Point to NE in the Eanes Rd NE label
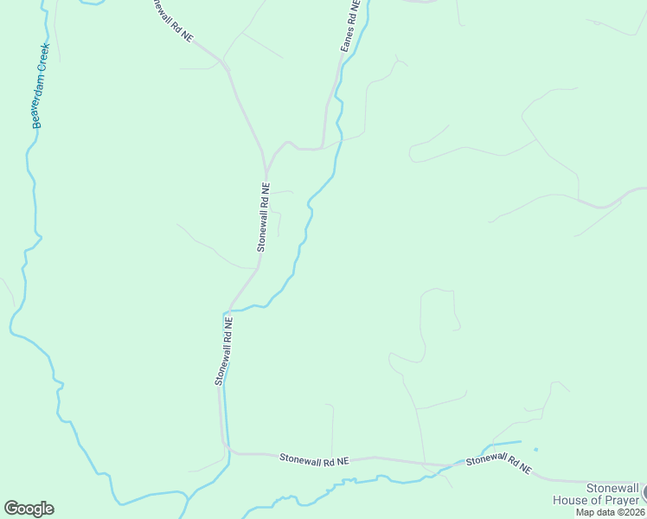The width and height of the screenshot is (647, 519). [x=354, y=9]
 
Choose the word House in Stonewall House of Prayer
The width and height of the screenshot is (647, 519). [x=572, y=499]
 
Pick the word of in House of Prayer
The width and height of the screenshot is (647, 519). [x=594, y=499]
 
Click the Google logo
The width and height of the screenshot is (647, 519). [x=29, y=509]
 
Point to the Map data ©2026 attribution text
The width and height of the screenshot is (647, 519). [x=611, y=512]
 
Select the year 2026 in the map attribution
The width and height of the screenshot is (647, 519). [x=634, y=512]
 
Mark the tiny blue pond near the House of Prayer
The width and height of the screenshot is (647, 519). [x=535, y=449]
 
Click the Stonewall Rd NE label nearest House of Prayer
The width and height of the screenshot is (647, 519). [x=499, y=464]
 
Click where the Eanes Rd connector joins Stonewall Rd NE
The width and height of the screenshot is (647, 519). [x=266, y=170]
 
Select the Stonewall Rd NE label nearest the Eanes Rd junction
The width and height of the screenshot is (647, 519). [x=265, y=216]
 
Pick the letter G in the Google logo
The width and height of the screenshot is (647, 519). [x=11, y=509]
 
